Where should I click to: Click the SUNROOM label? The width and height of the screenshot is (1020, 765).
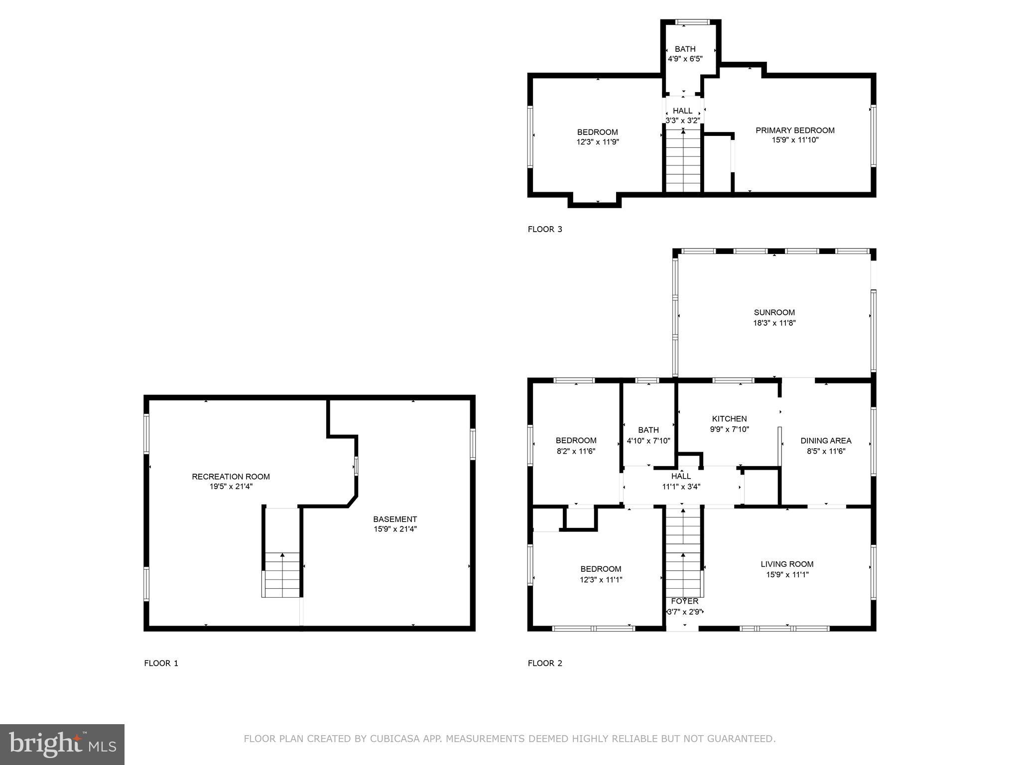click(774, 313)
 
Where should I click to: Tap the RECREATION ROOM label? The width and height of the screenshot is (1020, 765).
click(231, 477)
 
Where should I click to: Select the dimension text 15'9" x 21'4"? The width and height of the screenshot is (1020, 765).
click(395, 529)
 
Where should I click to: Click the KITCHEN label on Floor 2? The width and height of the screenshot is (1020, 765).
click(729, 419)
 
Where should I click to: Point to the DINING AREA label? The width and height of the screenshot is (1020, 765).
click(826, 441)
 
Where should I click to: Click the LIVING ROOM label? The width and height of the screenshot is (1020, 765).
click(787, 564)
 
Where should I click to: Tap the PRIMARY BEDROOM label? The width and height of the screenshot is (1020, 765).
click(795, 130)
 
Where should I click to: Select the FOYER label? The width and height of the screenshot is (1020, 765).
click(684, 602)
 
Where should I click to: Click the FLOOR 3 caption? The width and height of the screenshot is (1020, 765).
click(545, 229)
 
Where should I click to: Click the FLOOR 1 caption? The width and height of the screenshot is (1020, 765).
click(161, 663)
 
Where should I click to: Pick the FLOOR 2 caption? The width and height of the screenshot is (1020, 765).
click(545, 663)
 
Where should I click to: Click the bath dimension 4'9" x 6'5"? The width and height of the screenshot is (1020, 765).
click(685, 59)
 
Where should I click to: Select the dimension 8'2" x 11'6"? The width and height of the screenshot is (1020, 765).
click(576, 451)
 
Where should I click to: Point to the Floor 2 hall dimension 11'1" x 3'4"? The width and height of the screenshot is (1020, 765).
click(681, 487)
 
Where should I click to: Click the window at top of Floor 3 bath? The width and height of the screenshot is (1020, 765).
click(692, 22)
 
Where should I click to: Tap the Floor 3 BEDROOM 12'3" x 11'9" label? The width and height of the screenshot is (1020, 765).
click(597, 132)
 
